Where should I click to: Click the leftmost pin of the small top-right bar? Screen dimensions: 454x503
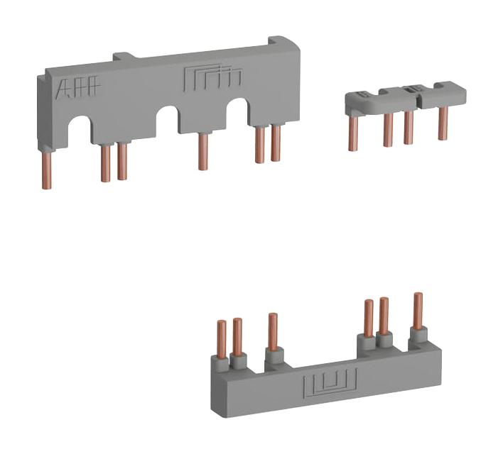[x=352, y=131]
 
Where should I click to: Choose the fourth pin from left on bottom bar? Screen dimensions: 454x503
[x=368, y=319]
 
